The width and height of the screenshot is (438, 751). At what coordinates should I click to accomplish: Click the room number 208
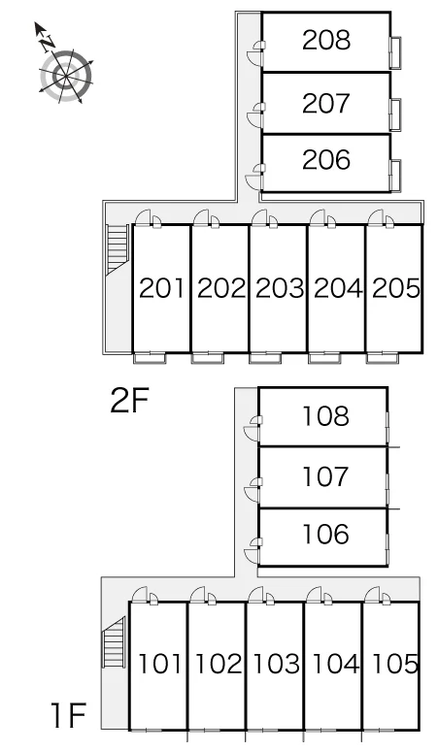point(326,40)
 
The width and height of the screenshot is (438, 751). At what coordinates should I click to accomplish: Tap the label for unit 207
point(326,104)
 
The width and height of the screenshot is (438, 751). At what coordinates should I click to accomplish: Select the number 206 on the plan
point(326,159)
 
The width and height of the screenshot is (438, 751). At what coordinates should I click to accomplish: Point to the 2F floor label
point(130,401)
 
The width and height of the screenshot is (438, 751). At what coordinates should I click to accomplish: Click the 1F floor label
point(69,715)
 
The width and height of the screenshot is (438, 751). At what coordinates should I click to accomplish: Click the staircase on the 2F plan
point(118,248)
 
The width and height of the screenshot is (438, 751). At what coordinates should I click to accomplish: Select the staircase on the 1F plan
point(114,642)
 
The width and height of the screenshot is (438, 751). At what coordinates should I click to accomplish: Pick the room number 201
point(161,288)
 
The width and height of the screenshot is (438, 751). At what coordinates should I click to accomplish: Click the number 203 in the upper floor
point(280,288)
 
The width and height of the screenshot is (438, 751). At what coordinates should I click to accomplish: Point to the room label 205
point(396,288)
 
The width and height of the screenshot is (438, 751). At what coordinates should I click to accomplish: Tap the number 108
point(326,415)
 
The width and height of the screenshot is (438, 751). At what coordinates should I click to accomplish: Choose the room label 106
point(326,534)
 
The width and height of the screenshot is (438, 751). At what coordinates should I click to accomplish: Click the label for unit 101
point(159,665)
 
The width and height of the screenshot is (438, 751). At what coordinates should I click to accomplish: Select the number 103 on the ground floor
point(277,665)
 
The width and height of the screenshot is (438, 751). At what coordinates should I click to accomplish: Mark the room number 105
point(394,665)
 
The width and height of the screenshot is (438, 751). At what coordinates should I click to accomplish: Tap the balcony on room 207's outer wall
point(395,114)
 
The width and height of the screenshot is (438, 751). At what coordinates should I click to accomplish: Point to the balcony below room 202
point(208,358)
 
